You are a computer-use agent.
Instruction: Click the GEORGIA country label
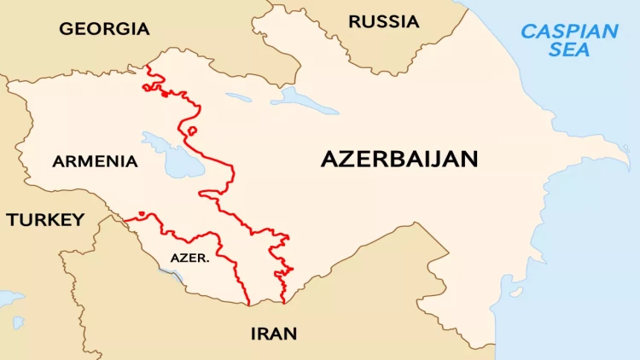(x=104, y=29)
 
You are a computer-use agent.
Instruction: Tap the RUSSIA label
(x=384, y=21)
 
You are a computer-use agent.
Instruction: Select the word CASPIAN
(x=570, y=32)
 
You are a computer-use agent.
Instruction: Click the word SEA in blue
(x=569, y=49)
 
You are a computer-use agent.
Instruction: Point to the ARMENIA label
(x=95, y=161)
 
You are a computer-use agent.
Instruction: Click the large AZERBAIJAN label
(x=399, y=159)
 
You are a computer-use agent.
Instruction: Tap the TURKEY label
(x=46, y=220)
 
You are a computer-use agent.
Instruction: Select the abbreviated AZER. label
(x=189, y=257)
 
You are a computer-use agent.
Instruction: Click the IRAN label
(x=274, y=334)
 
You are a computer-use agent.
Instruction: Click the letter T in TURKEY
(x=13, y=220)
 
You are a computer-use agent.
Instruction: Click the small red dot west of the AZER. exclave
(x=142, y=213)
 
